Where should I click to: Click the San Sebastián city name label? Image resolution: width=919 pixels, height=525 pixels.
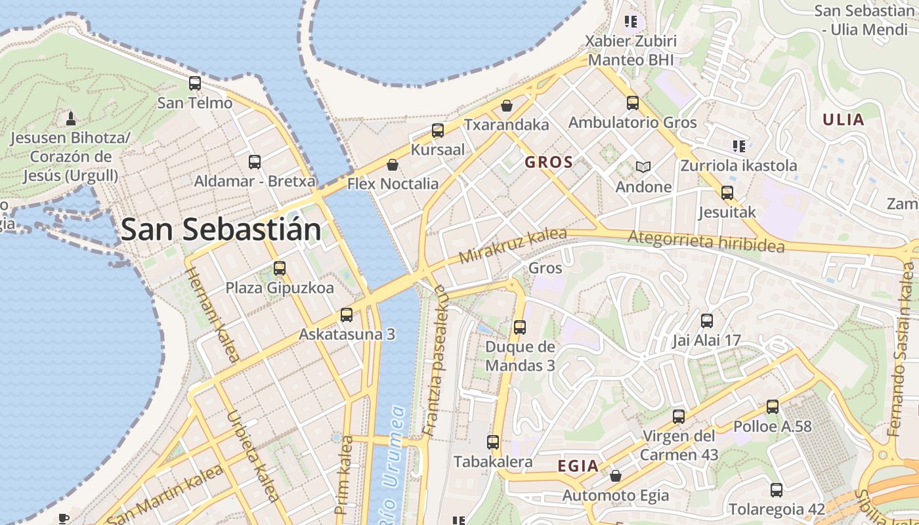click(x=221, y=230)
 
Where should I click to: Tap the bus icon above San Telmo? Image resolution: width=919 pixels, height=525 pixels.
click(x=195, y=83)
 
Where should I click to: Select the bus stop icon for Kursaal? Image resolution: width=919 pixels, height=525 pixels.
click(x=438, y=131)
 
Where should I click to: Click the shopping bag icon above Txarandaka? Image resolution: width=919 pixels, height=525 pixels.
click(x=507, y=106)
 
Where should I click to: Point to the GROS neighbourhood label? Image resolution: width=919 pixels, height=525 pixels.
click(x=549, y=162)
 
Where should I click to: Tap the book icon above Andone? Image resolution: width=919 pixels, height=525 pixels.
click(x=643, y=167)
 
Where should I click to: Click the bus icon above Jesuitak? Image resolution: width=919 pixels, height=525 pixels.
click(x=727, y=193)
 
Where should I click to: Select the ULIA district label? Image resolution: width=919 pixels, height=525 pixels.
click(x=844, y=120)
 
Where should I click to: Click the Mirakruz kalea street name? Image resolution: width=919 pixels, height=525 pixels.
click(x=513, y=246)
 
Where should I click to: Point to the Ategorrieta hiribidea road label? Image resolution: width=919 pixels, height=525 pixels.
click(x=706, y=241)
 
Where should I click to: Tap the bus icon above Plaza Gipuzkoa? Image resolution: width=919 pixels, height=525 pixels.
click(x=280, y=268)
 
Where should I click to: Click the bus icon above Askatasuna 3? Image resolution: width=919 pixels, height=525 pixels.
click(x=347, y=315)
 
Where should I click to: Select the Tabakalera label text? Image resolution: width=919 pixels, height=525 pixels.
click(x=493, y=461)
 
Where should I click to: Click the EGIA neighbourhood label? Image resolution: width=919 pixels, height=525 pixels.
click(x=578, y=466)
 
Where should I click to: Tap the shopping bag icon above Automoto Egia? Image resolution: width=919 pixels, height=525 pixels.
click(x=616, y=476)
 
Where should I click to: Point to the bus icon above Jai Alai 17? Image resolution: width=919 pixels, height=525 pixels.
click(x=707, y=321)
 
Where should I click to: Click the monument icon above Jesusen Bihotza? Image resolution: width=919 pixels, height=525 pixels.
click(x=71, y=118)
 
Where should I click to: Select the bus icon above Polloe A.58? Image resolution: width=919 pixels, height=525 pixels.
click(x=773, y=407)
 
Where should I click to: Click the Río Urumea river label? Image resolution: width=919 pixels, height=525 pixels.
click(x=389, y=466)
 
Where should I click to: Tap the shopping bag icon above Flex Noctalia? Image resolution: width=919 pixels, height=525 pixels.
click(x=393, y=164)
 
